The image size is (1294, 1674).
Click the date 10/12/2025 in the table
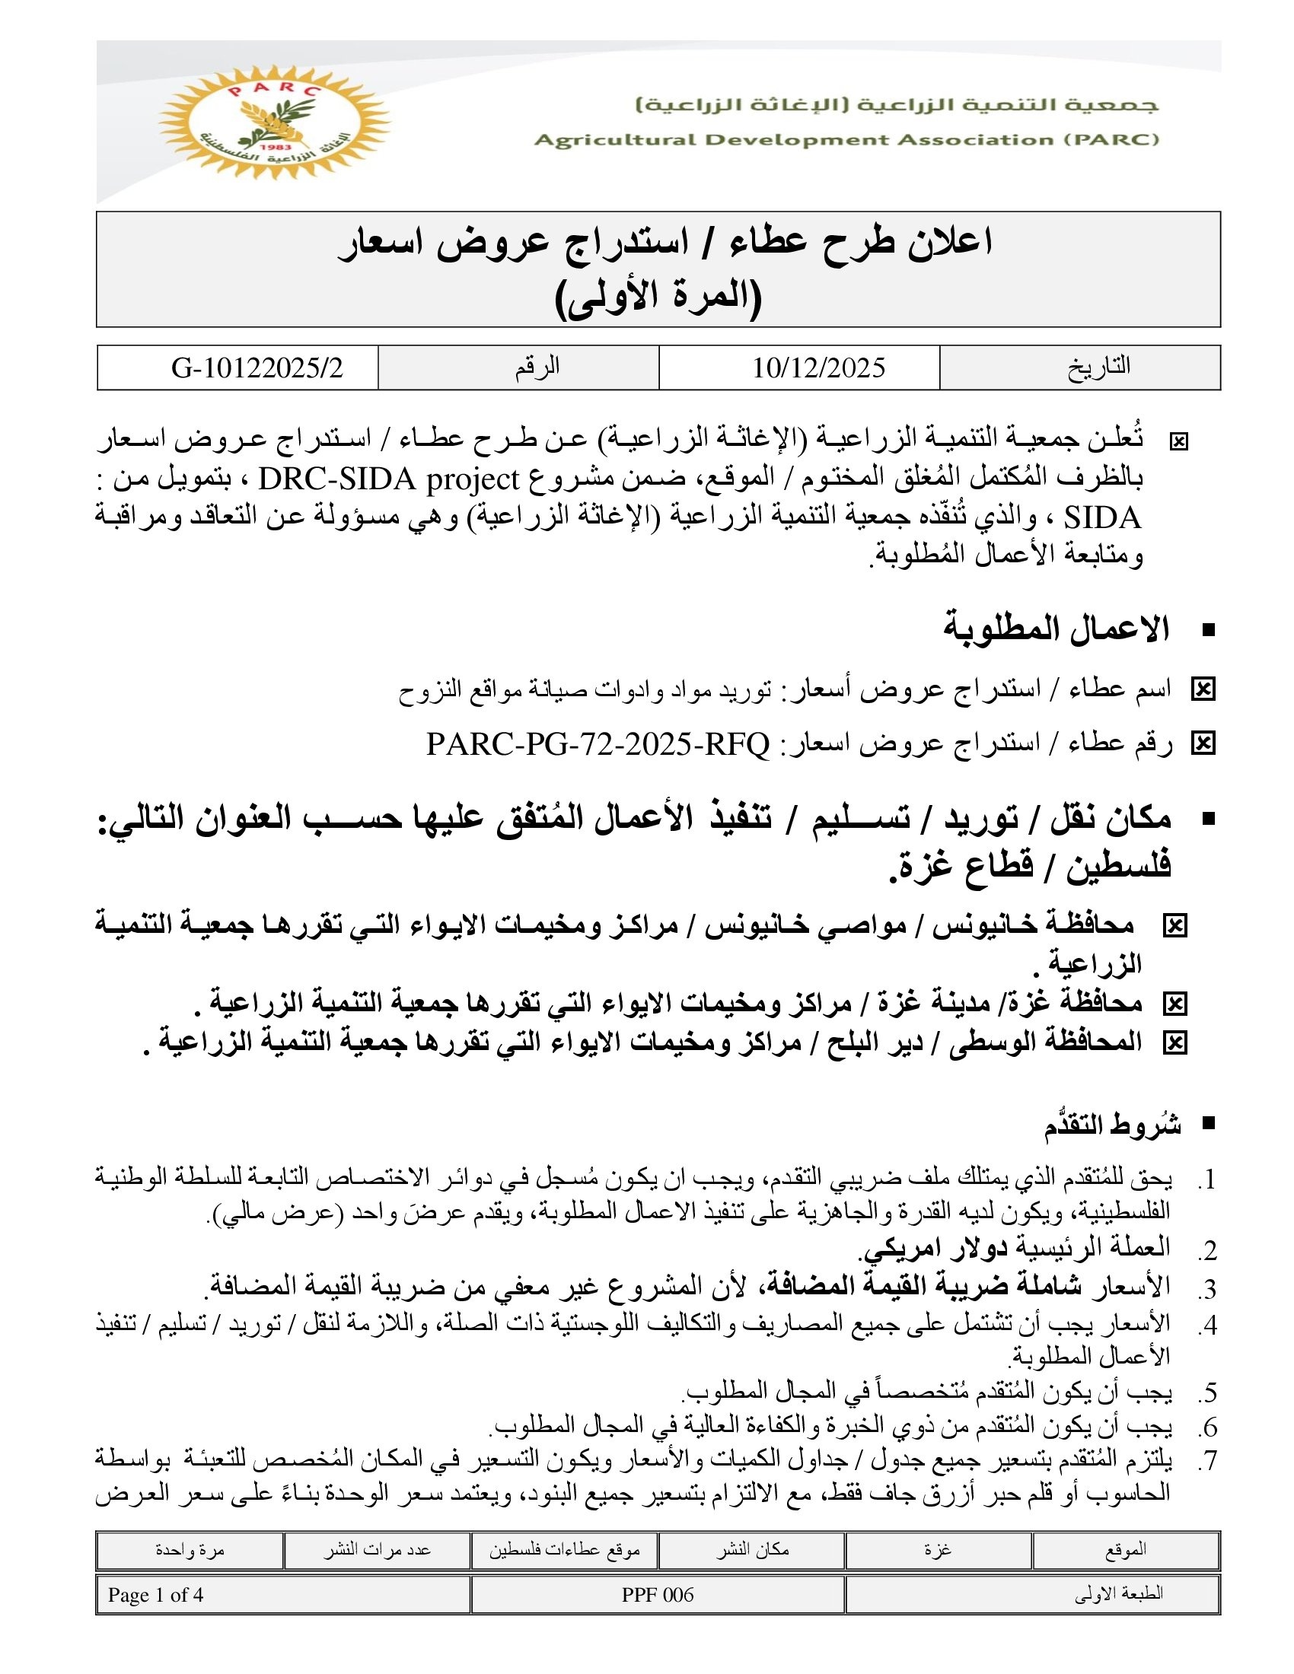pos(818,368)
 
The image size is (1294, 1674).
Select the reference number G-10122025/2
pos(257,368)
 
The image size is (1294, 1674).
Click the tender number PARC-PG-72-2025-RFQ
pos(598,743)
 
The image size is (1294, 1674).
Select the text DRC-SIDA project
pos(390,480)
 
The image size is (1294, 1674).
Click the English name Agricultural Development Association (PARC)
pos(846,139)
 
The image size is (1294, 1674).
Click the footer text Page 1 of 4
pos(155,1595)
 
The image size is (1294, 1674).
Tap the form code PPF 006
pos(658,1595)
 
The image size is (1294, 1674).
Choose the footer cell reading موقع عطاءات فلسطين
pos(565,1550)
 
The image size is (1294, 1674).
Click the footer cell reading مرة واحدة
pos(190,1550)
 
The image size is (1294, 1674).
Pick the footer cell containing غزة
pos(938,1550)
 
